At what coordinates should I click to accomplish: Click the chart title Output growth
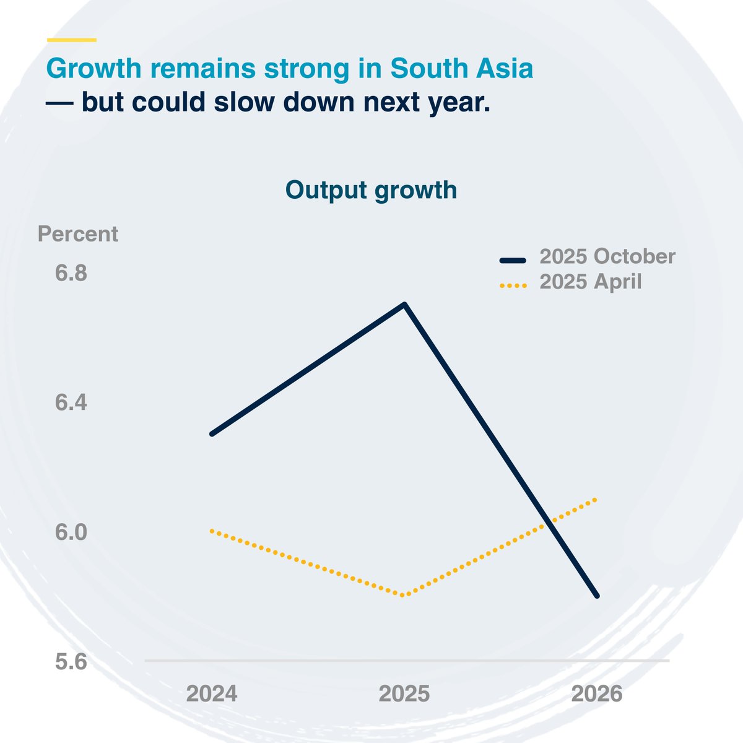[371, 190]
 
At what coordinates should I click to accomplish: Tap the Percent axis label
[78, 234]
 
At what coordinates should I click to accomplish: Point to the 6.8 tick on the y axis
[71, 273]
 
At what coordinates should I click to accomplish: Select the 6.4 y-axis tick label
[71, 403]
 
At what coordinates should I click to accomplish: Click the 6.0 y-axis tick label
[71, 532]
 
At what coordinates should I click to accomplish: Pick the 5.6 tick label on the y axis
[71, 662]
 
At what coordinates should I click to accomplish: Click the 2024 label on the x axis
[212, 693]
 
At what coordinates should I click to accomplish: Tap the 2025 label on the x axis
[404, 693]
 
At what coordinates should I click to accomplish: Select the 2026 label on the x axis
[597, 693]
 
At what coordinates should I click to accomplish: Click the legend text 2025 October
[607, 256]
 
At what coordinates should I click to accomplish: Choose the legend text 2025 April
[591, 282]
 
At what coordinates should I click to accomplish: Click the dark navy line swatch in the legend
[513, 260]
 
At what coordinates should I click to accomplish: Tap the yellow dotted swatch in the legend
[513, 285]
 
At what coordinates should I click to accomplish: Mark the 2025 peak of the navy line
[404, 305]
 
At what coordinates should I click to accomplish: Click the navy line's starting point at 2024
[212, 433]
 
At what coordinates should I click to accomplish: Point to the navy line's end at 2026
[597, 596]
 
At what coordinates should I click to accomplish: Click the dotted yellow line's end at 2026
[596, 499]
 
